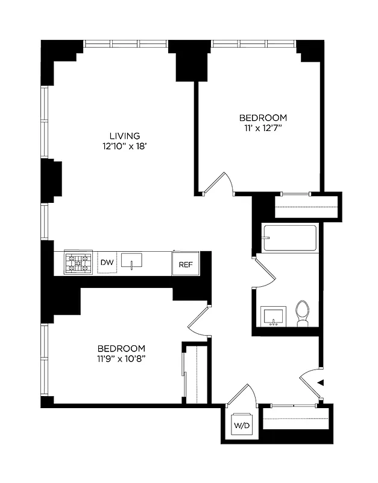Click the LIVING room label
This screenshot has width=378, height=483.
(125, 136)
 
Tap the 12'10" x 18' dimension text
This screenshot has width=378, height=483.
(125, 146)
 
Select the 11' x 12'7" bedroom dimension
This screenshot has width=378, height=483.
(262, 127)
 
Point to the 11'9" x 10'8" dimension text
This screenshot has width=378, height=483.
(122, 359)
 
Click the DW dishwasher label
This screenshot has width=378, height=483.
(107, 262)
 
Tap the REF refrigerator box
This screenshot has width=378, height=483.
(184, 264)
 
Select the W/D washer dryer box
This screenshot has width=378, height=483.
(240, 424)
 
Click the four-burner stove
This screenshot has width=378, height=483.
(79, 263)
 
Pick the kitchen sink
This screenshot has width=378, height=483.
(131, 261)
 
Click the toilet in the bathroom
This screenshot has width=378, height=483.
(303, 313)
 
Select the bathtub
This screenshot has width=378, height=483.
(290, 238)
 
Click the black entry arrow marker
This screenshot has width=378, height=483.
(321, 382)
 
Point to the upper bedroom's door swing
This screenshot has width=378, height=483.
(222, 184)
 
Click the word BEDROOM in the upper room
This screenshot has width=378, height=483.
(262, 118)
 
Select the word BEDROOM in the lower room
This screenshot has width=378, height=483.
(122, 348)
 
